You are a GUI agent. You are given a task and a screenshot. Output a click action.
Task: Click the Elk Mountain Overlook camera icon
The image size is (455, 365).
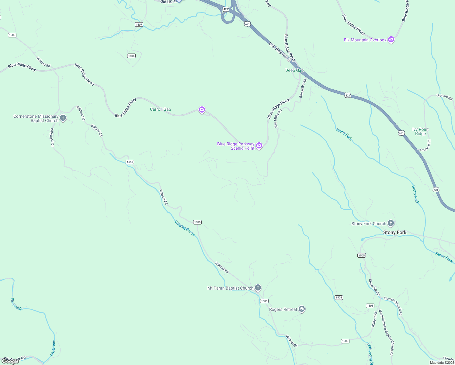click(x=391, y=40)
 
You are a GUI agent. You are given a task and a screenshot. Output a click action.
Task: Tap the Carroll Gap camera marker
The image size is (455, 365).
click(x=202, y=109)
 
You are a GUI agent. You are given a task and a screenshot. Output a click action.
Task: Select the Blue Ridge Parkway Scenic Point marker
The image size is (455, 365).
click(x=259, y=146)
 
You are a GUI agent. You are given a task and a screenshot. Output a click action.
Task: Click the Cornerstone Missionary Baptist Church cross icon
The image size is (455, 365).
click(x=63, y=118)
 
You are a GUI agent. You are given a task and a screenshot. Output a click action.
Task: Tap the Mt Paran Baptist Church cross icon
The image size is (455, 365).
click(x=258, y=287)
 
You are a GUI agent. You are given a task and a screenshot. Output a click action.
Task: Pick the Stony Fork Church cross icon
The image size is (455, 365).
click(x=391, y=223)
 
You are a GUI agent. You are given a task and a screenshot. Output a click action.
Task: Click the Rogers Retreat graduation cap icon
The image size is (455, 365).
click(x=302, y=309)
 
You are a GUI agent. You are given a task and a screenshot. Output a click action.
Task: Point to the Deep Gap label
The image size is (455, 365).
click(x=294, y=70)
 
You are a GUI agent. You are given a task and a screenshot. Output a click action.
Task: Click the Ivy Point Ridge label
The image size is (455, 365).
click(x=420, y=131)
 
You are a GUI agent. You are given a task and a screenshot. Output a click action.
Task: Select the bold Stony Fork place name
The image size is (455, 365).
click(x=395, y=232)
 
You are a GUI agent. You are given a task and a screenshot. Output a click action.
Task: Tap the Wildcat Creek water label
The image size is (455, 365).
click(x=185, y=228)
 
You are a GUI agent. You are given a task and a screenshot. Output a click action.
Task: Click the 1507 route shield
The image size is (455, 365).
click(x=139, y=24)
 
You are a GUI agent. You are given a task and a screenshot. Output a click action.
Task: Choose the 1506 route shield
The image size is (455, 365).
click(x=131, y=56)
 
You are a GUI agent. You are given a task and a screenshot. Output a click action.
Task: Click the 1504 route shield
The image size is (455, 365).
click(x=339, y=297)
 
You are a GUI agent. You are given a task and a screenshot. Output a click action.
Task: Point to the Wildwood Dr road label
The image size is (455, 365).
click(x=52, y=137)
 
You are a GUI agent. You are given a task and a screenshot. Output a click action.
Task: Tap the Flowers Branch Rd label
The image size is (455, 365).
click(x=393, y=306)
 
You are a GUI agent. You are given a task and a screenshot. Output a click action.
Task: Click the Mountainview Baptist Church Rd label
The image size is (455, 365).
click(x=386, y=333)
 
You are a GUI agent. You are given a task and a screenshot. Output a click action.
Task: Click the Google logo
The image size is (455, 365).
click(x=10, y=361)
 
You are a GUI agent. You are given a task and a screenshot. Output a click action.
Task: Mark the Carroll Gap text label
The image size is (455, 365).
click(x=160, y=109)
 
